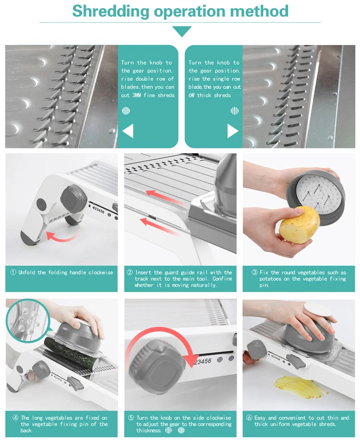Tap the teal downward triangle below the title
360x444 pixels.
click(x=182, y=31)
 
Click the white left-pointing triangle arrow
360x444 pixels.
click(x=128, y=131)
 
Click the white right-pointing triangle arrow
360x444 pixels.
click(x=233, y=131)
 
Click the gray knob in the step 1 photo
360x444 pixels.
click(x=74, y=197)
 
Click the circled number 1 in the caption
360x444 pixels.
click(x=13, y=272)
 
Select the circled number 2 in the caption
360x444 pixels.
click(x=130, y=272)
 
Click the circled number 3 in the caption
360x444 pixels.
click(x=254, y=272)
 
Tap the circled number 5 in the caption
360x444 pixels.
click(x=130, y=418)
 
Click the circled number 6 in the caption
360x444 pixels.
click(x=249, y=418)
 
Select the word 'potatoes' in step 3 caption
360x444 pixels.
click(x=271, y=279)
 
